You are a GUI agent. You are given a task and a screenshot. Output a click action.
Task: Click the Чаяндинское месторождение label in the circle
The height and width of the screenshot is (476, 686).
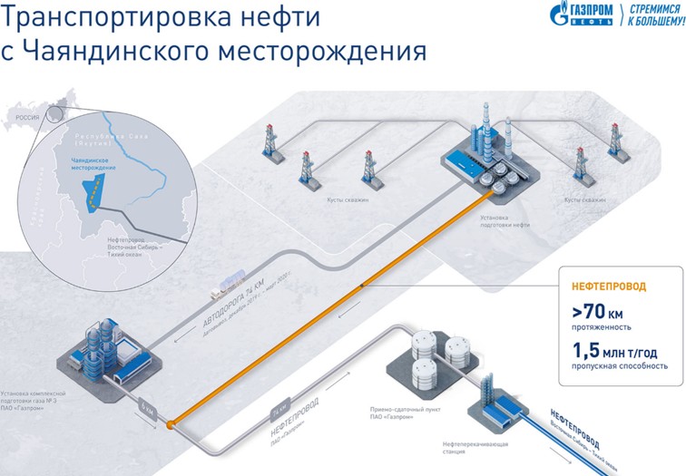(83, 163)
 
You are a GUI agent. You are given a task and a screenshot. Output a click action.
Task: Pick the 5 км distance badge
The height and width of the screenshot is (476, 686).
(148, 409)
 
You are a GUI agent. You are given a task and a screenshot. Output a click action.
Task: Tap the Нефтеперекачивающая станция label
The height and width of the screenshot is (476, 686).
(468, 448)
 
